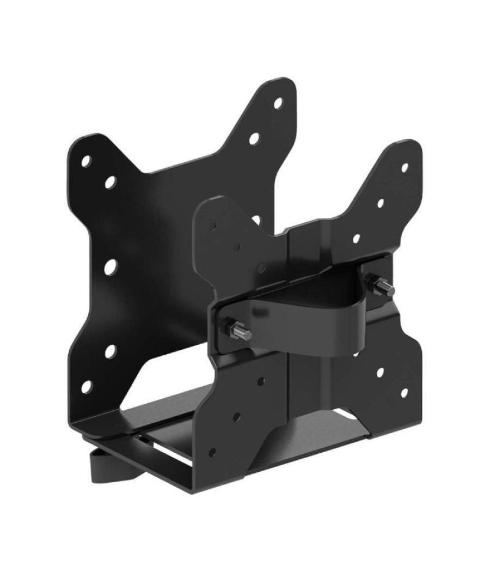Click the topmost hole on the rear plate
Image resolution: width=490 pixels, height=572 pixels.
pos(278,101)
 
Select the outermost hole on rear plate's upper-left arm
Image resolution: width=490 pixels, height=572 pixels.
pos(86,161)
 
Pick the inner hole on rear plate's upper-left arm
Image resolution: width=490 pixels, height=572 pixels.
pos(111,181)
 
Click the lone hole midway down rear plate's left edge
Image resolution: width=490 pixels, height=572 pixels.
pos(111,266)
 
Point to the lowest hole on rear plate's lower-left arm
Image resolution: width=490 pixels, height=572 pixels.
pos(86,387)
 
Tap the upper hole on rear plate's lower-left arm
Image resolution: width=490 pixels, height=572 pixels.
pos(110,350)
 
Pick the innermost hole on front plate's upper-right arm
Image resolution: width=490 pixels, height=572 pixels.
pos(357,238)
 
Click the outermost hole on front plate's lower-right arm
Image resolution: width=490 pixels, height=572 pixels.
pos(404,392)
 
